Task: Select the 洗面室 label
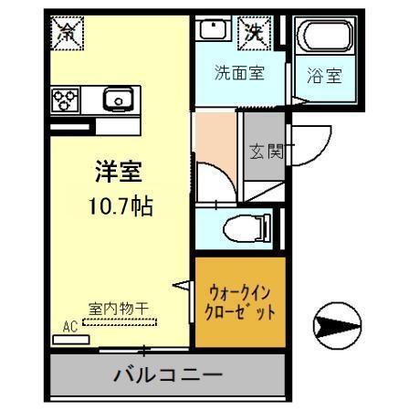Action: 239,74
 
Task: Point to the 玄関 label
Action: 266,152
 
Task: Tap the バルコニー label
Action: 168,374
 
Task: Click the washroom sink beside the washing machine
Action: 214,31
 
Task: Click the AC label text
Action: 69,325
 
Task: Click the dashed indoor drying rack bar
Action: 120,321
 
